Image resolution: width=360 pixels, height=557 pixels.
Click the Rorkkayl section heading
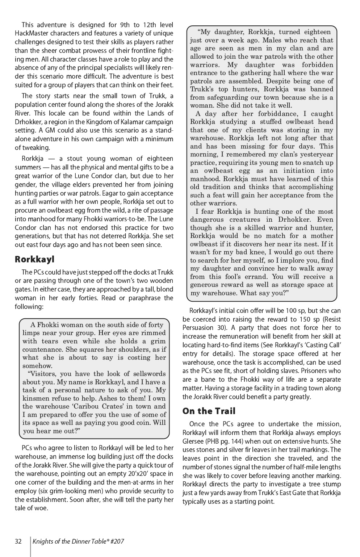point(34,259)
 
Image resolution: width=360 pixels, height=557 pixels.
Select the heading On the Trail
point(209,411)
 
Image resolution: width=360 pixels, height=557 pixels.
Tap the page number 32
point(18,542)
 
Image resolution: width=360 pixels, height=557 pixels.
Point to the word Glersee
point(193,441)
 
